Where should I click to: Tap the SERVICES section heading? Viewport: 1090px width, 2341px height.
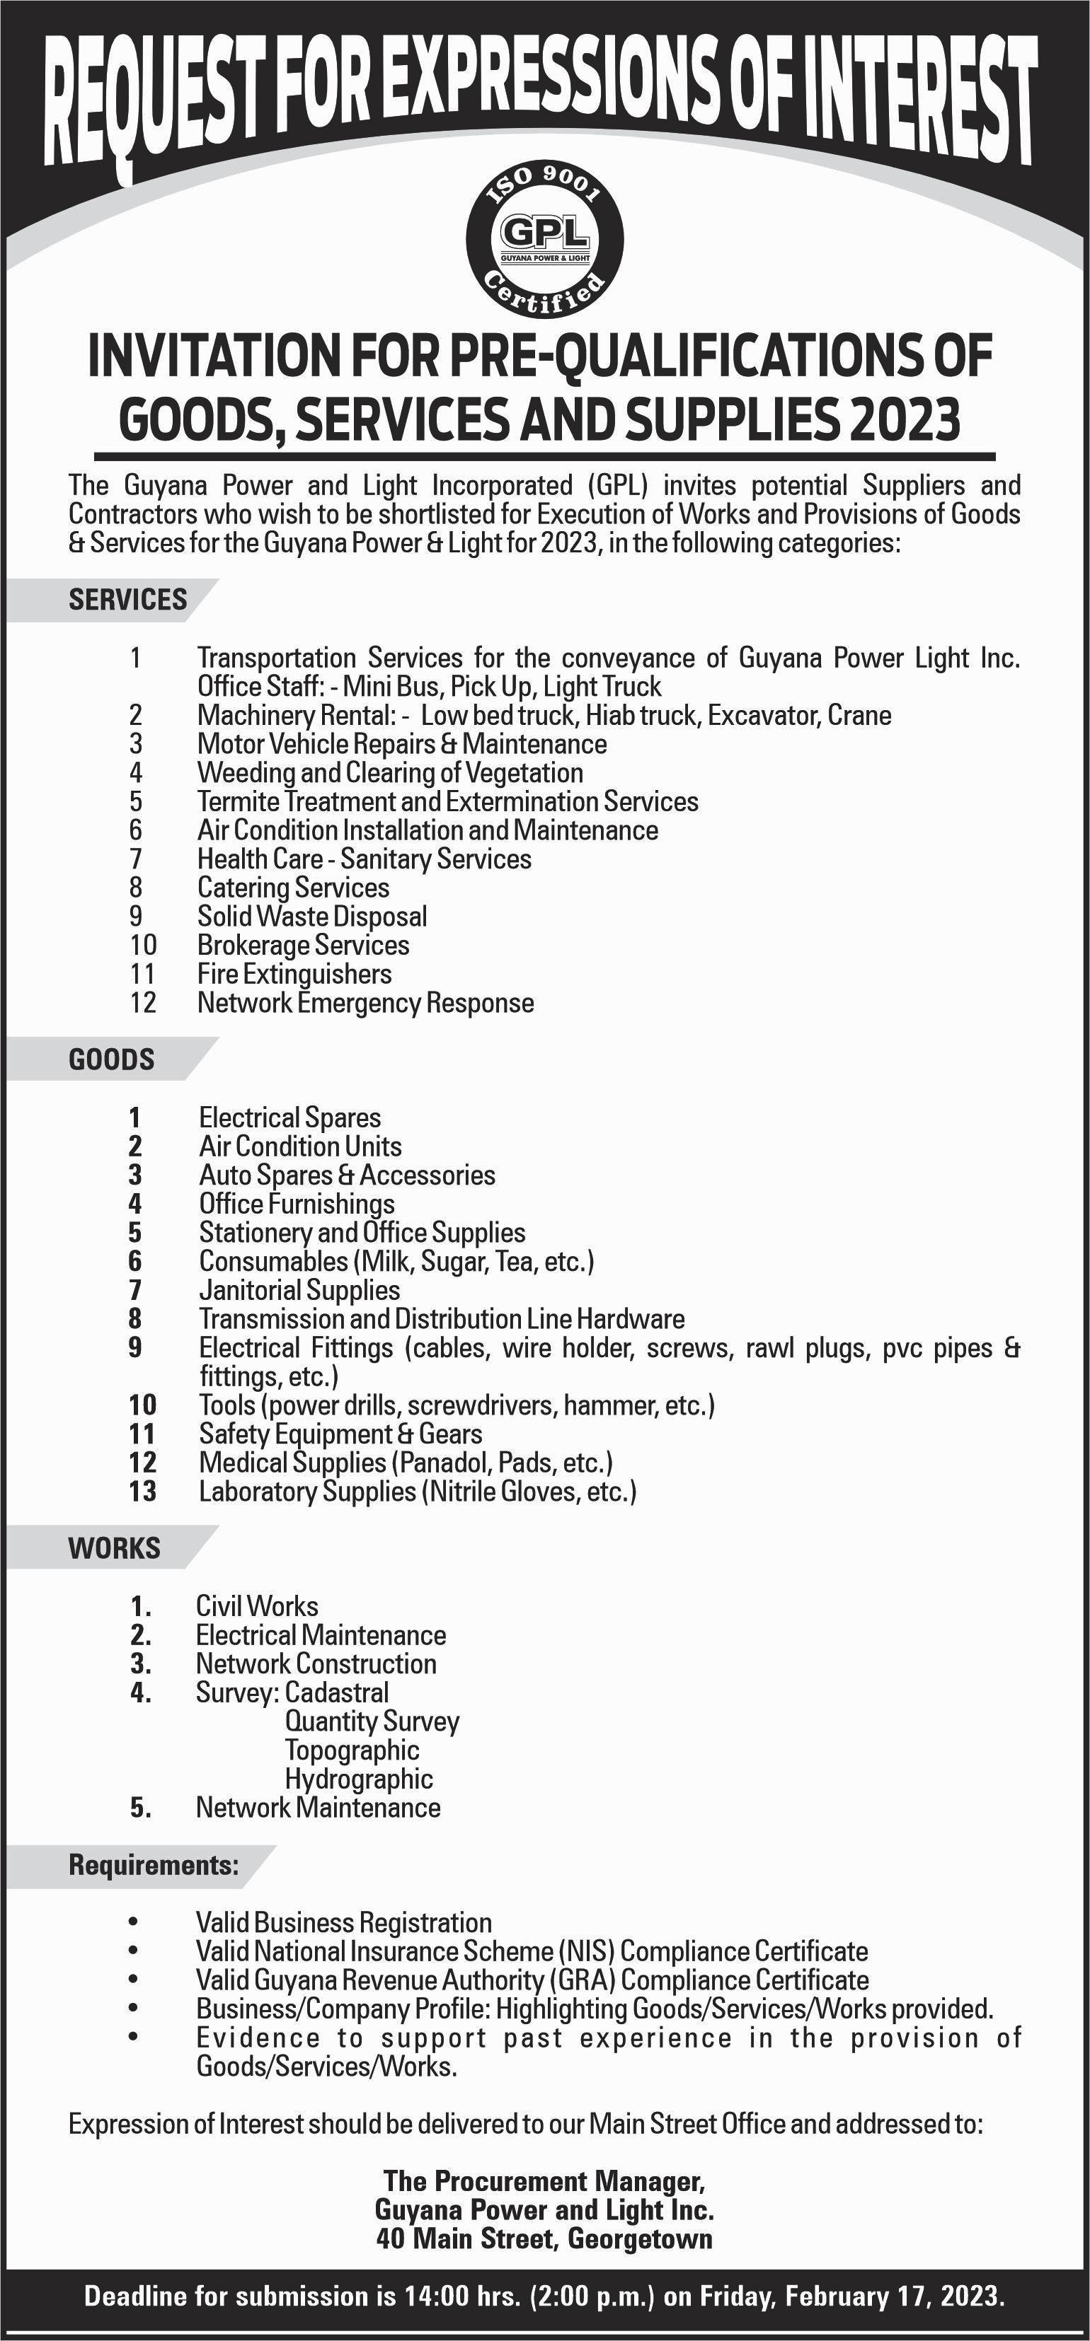coord(127,600)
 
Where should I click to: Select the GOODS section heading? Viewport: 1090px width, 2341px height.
coord(111,1059)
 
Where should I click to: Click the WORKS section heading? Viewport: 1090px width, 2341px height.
coord(114,1549)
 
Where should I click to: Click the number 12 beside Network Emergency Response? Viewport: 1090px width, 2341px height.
coord(143,1004)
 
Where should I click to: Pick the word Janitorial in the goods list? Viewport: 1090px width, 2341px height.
coord(248,1291)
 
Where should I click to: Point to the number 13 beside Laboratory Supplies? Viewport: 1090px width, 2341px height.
coord(143,1492)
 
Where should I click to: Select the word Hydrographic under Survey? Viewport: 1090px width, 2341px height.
coord(358,1779)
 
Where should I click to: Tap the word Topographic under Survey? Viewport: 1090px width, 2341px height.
coord(352,1750)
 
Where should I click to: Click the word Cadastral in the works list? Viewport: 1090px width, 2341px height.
coord(336,1693)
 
